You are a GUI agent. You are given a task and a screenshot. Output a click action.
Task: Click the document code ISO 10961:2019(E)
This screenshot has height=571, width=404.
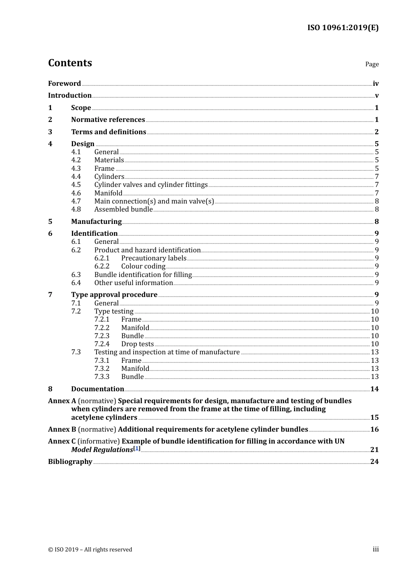pos(343,28)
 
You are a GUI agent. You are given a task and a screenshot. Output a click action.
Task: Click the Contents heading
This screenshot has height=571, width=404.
pos(70,63)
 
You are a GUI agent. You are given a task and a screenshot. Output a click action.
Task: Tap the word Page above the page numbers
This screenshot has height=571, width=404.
pos(372,64)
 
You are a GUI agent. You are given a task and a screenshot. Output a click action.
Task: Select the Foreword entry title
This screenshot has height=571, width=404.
pos(64,83)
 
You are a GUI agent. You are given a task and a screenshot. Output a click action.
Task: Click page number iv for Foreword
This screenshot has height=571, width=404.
pos(376,84)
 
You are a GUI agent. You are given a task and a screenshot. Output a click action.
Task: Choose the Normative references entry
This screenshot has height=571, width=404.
pos(108,120)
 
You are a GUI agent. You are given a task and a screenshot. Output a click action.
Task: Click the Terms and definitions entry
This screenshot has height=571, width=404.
pos(108,132)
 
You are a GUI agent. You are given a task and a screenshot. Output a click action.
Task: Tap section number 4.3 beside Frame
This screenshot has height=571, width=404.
pos(76,169)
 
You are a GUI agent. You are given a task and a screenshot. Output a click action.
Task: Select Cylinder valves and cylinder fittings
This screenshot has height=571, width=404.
pos(151,185)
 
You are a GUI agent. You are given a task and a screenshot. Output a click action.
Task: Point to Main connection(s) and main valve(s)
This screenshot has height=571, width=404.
pos(154,201)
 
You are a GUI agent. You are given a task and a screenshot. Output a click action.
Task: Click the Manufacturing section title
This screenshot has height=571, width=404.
pos(96,221)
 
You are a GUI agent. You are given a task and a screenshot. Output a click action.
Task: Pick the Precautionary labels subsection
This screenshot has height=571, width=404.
pos(154,258)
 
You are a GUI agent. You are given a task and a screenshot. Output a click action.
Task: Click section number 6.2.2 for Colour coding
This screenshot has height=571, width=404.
pos(102,266)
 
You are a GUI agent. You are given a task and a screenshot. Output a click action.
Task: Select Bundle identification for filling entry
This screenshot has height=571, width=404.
pos(143,275)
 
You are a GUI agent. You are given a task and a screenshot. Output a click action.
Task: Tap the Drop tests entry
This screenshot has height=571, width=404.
pos(137,344)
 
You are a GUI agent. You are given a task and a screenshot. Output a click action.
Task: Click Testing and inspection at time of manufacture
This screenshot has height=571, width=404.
pos(167,352)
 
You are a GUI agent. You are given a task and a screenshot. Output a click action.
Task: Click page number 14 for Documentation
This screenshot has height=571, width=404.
pos(374,389)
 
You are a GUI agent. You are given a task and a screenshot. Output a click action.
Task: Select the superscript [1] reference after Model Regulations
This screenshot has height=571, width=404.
pos(137,448)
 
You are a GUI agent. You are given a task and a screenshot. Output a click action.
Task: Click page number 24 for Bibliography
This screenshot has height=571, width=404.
pos(374,461)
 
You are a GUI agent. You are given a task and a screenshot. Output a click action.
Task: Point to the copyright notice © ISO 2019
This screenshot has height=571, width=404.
pos(90,549)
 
